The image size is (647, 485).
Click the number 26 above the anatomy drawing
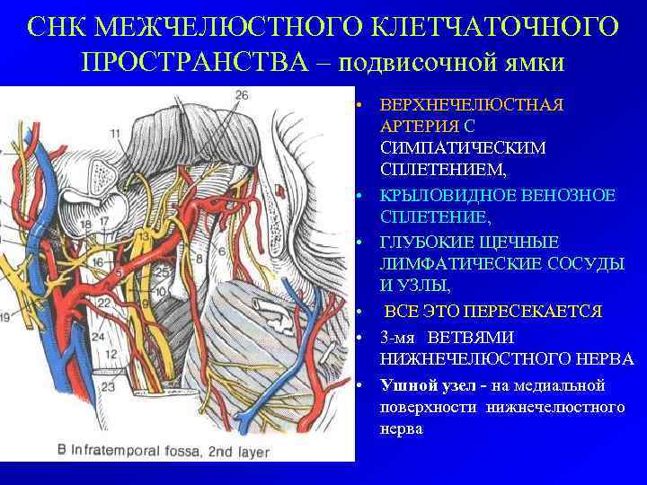(x=242, y=95)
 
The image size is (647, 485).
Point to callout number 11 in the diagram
(x=115, y=134)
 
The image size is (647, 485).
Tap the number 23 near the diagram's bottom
(x=109, y=388)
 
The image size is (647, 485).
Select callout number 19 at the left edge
(x=7, y=317)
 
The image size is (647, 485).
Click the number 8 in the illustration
(x=199, y=260)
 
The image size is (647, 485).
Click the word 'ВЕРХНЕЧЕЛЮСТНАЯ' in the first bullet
(x=472, y=105)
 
